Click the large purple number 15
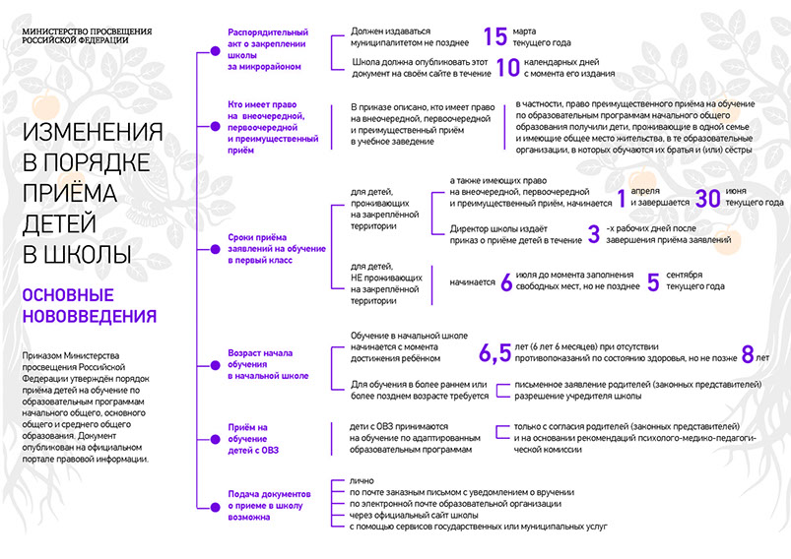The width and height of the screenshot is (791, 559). click(x=495, y=37)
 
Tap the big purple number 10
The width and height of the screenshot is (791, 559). click(x=507, y=67)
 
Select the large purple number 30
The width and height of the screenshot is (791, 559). click(x=708, y=197)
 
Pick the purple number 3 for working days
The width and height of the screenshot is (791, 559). click(x=593, y=233)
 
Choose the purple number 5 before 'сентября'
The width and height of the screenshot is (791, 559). click(x=652, y=282)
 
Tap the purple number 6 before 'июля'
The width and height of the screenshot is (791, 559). click(x=506, y=282)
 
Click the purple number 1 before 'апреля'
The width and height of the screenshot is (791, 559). click(x=622, y=197)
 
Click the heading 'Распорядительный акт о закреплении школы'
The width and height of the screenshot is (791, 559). click(x=268, y=43)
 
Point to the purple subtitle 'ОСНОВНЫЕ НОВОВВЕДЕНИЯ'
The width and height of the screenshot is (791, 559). click(x=89, y=305)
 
